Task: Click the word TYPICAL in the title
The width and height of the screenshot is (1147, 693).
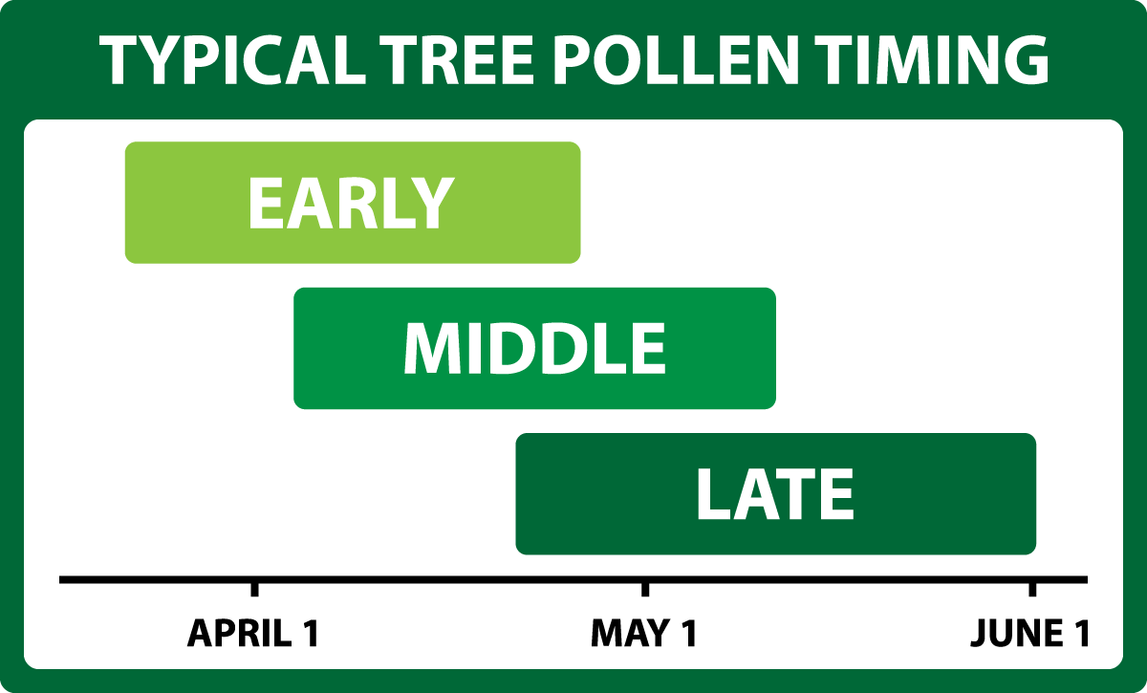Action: (233, 60)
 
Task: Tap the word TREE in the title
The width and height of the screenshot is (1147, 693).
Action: (457, 60)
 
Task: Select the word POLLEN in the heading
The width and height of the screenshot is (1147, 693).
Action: (676, 60)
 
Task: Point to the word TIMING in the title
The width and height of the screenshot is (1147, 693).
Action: (932, 60)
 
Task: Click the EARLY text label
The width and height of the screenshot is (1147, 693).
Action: (352, 204)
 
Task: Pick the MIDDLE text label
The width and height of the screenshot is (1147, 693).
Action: (535, 349)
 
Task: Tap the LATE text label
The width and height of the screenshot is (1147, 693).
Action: (775, 494)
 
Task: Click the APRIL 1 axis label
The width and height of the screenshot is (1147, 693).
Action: (253, 633)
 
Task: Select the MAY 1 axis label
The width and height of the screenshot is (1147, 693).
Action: (644, 633)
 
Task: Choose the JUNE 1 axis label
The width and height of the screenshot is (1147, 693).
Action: (1029, 633)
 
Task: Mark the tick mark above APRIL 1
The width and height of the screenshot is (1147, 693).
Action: (254, 590)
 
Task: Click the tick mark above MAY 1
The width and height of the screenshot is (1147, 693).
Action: (645, 590)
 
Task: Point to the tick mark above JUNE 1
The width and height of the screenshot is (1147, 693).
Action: (1032, 590)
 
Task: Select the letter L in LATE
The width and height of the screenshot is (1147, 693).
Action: (713, 494)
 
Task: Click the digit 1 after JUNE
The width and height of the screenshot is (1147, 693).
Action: (1081, 633)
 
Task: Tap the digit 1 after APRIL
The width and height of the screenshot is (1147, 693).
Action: (312, 633)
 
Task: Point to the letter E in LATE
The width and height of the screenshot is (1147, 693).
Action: (836, 494)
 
